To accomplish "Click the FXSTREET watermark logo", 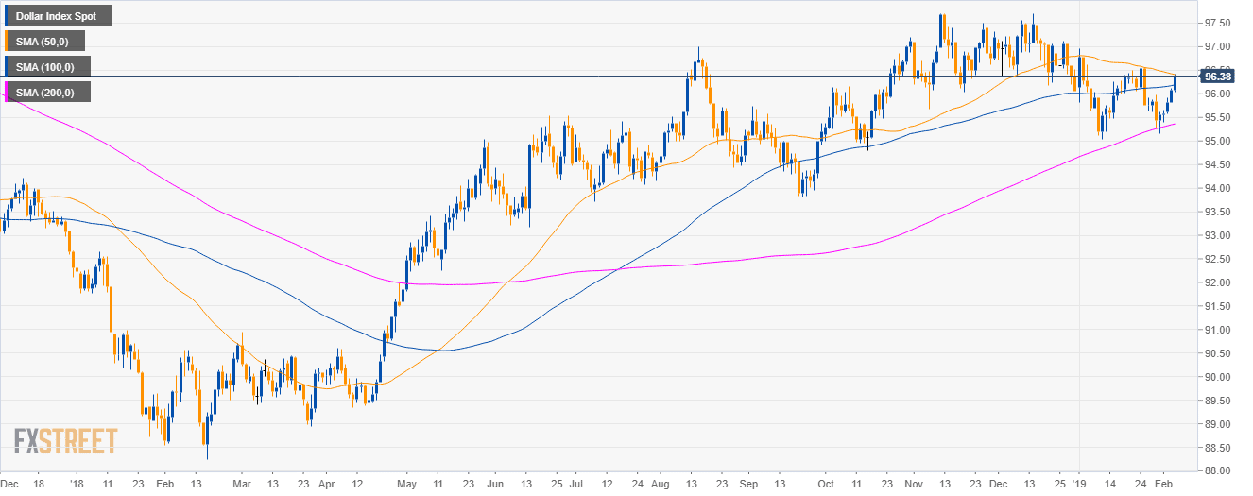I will [x=66, y=440].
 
